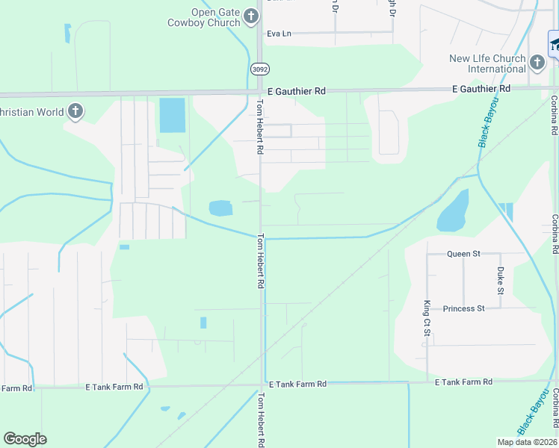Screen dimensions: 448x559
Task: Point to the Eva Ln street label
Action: pos(277,34)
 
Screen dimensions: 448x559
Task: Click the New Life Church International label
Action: pos(487,63)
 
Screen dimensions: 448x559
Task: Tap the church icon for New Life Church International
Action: pos(537,62)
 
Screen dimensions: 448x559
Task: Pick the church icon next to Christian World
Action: pos(75,112)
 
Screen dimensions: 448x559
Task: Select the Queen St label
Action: pos(463,254)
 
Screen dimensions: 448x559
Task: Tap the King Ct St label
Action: pos(427,318)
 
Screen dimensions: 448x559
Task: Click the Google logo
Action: pos(25,439)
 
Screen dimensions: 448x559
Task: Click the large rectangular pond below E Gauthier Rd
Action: pos(171,116)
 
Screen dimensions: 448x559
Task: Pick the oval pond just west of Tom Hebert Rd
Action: pos(220,208)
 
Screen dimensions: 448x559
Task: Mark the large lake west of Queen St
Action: pos(453,211)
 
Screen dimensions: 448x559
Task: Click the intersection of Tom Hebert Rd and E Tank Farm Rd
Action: pos(262,386)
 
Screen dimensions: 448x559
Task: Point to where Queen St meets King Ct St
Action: pos(427,254)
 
